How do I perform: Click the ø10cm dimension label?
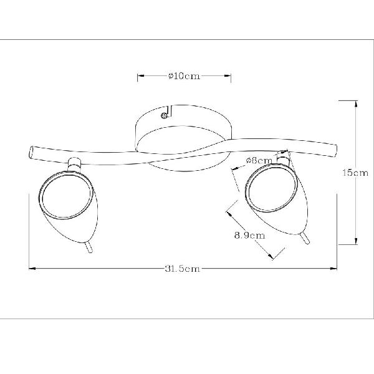(184, 76)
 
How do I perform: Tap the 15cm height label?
(355, 173)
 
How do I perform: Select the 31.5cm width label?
(182, 269)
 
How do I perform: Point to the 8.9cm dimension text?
(250, 236)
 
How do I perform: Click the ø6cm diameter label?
(259, 161)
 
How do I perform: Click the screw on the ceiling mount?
(164, 116)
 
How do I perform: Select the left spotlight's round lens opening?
(66, 194)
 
